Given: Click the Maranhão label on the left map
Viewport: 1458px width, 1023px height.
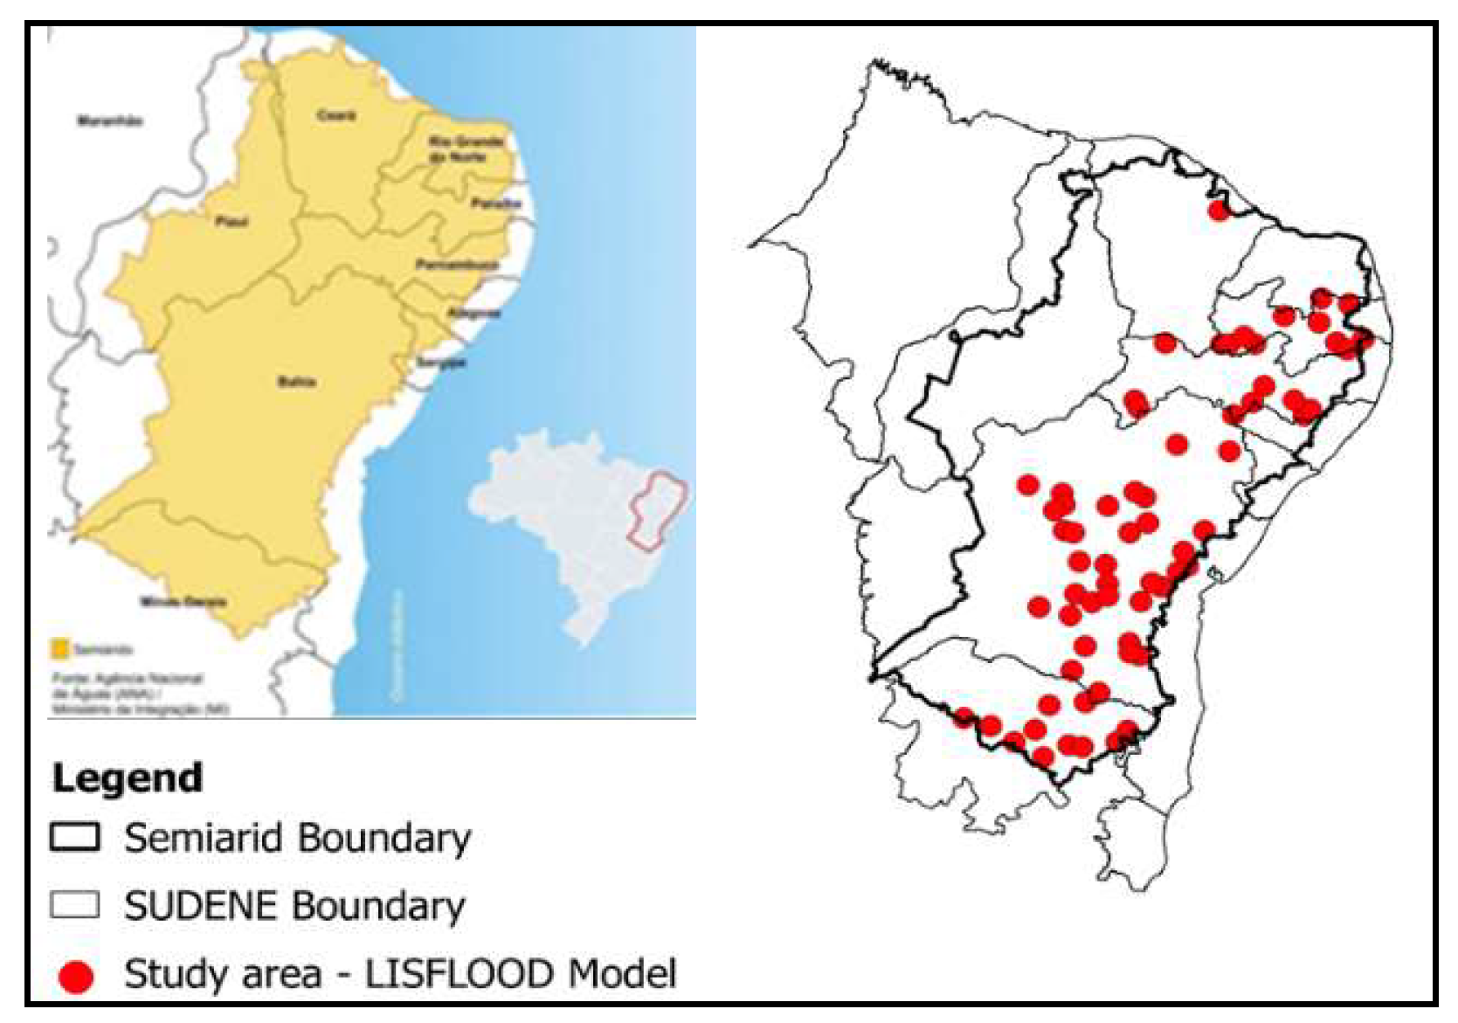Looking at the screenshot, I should [x=110, y=121].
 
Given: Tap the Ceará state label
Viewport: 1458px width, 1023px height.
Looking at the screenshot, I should [x=336, y=115].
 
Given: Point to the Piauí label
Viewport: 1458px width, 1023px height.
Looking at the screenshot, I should [x=231, y=222].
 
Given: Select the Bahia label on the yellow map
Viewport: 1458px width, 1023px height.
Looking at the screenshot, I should [x=296, y=382].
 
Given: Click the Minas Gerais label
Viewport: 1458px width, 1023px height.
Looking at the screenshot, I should [x=184, y=601].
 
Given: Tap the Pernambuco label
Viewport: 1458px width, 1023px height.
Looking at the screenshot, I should [x=456, y=264].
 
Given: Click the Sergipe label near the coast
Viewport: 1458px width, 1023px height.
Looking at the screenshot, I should [x=441, y=363].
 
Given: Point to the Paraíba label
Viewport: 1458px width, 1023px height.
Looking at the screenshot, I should [x=495, y=204].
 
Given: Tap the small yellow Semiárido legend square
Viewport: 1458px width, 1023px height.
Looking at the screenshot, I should [x=60, y=649].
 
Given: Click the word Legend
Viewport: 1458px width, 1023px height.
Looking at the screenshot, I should [x=128, y=778].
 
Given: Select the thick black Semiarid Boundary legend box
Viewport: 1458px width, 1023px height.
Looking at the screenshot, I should [x=74, y=837].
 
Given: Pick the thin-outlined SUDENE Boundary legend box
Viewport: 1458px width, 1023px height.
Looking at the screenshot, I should [x=74, y=904].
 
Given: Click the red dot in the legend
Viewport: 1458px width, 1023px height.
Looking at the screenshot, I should [x=75, y=976].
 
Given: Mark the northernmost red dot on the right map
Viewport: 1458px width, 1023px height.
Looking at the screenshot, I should [x=1218, y=210].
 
